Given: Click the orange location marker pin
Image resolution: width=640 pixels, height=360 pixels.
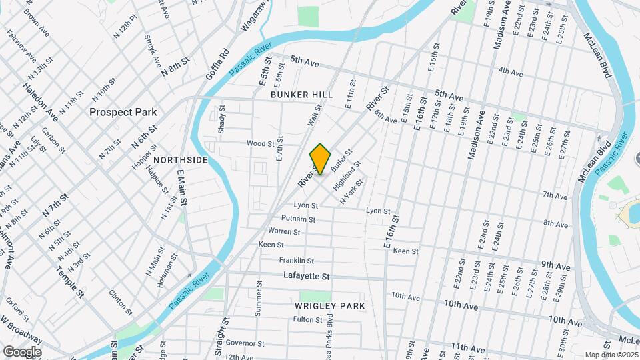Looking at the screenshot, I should (321, 159).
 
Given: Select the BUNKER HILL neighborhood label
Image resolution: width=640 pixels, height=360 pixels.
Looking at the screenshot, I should (301, 95).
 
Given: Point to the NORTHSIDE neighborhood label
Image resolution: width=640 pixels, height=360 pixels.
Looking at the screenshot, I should (180, 160).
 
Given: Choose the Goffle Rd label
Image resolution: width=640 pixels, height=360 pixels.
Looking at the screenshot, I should (217, 63).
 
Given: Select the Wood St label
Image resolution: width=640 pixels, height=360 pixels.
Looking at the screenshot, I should (261, 143).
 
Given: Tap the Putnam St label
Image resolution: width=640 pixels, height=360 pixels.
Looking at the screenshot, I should (298, 219).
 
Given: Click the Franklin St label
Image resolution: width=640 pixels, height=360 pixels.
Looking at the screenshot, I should (296, 261).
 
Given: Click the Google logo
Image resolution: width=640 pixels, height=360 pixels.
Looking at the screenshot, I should (22, 351).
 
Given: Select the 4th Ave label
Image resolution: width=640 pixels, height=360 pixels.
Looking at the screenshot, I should (510, 71).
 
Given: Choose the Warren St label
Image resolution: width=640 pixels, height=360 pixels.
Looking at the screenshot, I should (284, 231).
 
